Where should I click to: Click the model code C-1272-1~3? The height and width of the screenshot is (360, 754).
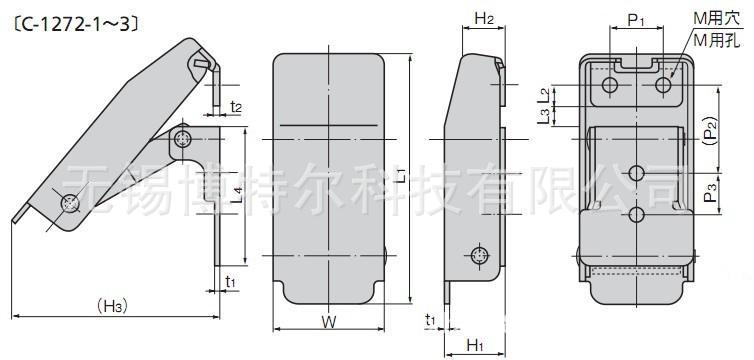[x=77, y=25]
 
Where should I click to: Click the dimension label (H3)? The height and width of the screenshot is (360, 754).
[x=112, y=306]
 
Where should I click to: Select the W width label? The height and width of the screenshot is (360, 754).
[x=328, y=322]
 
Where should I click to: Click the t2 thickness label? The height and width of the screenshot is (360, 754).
[x=235, y=107]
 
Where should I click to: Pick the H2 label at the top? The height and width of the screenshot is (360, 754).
[x=484, y=19]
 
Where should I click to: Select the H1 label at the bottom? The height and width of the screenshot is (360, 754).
[x=475, y=345]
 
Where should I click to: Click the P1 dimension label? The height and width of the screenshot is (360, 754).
[x=636, y=20]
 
